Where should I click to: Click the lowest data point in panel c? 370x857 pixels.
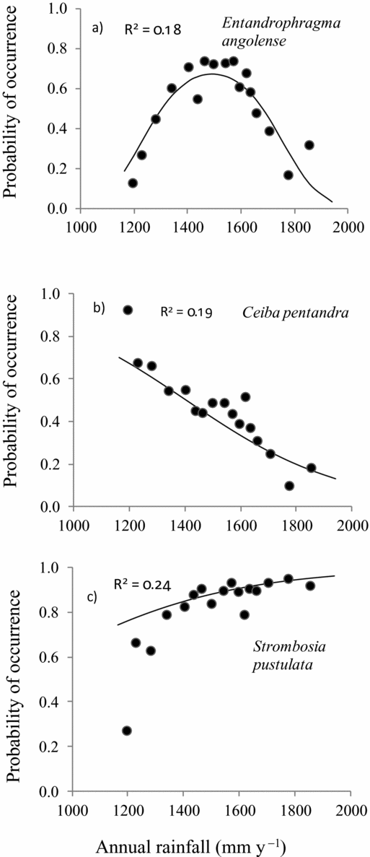pyautogui.click(x=127, y=731)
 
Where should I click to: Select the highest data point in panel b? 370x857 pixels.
pyautogui.click(x=128, y=310)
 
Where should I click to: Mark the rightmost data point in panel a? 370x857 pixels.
pyautogui.click(x=309, y=145)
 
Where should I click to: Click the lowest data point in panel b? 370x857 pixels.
pyautogui.click(x=289, y=486)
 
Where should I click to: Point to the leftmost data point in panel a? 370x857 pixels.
pyautogui.click(x=133, y=183)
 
